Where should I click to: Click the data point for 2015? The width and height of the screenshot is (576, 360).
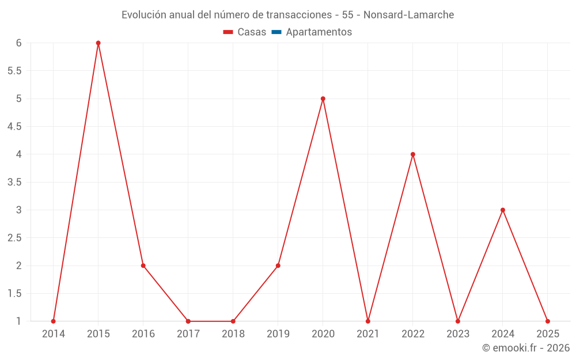pos(98,43)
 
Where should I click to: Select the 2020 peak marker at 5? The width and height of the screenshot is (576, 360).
pos(323,98)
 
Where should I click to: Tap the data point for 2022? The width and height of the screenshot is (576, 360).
pos(413,154)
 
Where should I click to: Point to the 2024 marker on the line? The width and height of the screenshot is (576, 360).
pos(503,210)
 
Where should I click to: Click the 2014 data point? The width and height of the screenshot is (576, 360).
pos(53,321)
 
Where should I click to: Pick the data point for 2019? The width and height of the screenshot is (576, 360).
pos(278,266)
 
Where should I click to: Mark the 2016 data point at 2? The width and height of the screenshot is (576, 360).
pos(143,266)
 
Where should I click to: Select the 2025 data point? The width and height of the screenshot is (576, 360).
pos(548,321)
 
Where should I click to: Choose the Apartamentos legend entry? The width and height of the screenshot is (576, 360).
pos(319,32)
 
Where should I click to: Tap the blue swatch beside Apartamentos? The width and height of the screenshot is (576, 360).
pos(276,32)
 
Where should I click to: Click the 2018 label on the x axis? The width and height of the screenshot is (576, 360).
pos(233,334)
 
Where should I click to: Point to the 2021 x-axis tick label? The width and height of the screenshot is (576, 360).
pos(367,334)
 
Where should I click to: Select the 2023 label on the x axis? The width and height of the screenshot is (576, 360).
pos(458,334)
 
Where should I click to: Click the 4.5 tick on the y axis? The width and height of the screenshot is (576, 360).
pos(14,127)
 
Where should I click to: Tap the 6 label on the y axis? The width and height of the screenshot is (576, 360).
pos(18,43)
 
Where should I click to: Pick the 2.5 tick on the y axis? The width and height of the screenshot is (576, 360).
pos(14,238)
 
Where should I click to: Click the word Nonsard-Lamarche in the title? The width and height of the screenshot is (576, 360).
pos(408,15)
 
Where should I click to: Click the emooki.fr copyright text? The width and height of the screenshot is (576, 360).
pos(525,348)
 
